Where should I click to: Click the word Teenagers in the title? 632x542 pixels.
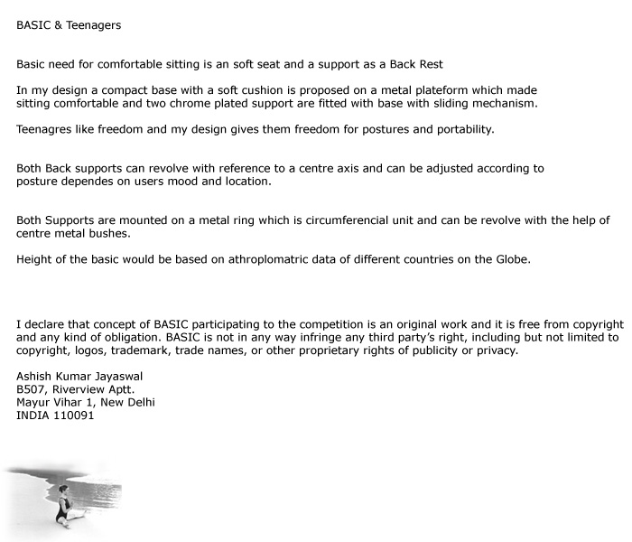pyautogui.click(x=93, y=25)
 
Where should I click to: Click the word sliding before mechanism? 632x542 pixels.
pyautogui.click(x=441, y=103)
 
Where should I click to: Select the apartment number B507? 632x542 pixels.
pyautogui.click(x=32, y=389)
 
